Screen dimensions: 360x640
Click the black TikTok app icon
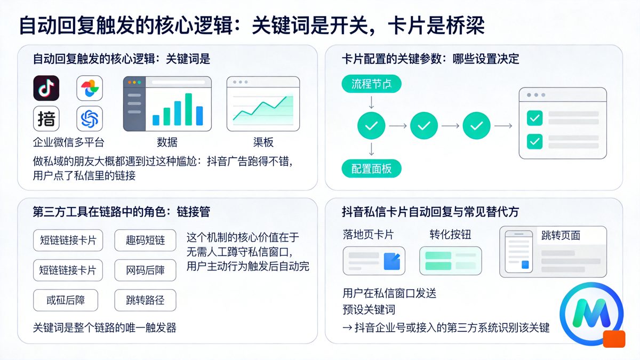[46, 88]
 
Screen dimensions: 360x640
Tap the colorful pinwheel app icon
[89, 88]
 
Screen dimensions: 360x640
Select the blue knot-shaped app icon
[89, 118]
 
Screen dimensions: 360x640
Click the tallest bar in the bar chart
[188, 109]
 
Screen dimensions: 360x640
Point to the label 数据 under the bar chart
[167, 142]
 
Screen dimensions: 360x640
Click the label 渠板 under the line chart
[263, 142]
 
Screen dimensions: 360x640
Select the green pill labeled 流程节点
[371, 84]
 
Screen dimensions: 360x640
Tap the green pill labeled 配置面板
[371, 169]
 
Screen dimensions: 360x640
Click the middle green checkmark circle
[424, 126]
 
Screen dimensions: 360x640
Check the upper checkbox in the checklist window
[534, 118]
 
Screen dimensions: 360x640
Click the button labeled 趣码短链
[145, 240]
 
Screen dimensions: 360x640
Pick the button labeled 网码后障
[145, 270]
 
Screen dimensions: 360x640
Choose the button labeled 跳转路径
[145, 300]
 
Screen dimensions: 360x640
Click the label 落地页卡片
[368, 235]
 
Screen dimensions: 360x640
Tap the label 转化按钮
[450, 235]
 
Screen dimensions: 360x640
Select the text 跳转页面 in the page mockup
[561, 235]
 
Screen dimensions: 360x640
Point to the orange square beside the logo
[614, 339]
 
